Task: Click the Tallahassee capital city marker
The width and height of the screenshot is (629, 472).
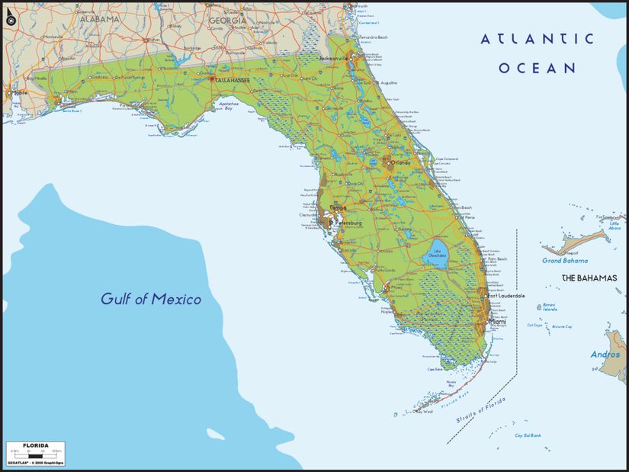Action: [x=213, y=78]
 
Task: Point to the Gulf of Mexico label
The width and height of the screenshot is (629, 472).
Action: [x=151, y=299]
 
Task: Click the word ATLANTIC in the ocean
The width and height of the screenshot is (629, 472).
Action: [x=537, y=39]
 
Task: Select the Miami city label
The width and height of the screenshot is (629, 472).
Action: [x=497, y=322]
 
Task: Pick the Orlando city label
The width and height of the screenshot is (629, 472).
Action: [x=401, y=162]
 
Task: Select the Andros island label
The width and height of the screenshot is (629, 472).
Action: [x=605, y=355]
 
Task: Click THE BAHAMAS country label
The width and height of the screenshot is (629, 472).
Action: [x=589, y=278]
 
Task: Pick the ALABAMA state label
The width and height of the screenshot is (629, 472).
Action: [x=98, y=18]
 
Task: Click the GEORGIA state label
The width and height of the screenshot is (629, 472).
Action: [x=228, y=21]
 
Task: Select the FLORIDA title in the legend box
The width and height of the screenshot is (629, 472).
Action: [x=36, y=445]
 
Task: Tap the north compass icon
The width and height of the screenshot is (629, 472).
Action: [x=11, y=19]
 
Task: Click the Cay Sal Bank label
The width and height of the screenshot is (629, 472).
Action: [x=528, y=435]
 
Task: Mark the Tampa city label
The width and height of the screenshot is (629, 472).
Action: [x=339, y=207]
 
